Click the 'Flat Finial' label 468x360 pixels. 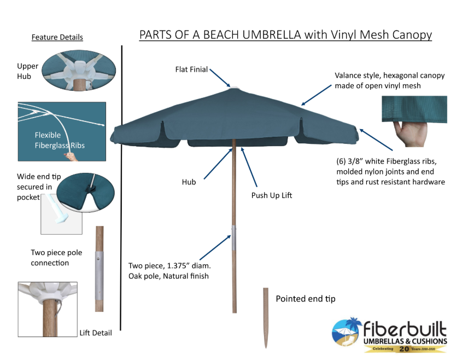click(x=191, y=69)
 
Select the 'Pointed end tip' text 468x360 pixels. click(x=305, y=299)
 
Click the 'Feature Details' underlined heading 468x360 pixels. click(x=57, y=38)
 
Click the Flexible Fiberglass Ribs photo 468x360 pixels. click(x=61, y=132)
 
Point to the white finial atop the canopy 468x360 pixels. click(x=234, y=87)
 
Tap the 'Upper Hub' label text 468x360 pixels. click(x=27, y=71)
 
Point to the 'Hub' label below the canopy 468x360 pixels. click(x=189, y=182)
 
